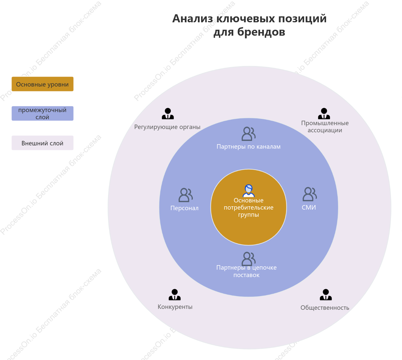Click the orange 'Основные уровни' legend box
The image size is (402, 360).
coord(43,84)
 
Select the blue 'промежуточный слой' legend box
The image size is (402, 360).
coord(43,113)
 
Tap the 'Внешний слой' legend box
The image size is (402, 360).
coord(43,143)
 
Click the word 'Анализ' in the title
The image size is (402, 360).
coord(192,19)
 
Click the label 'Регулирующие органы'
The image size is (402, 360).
coord(167,127)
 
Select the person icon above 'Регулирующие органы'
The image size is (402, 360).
coord(168,114)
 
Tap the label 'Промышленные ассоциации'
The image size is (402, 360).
coord(325,126)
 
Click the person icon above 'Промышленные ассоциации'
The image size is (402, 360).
coord(324,114)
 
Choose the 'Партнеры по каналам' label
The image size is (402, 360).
coord(248,147)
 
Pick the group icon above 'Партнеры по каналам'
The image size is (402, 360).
coord(248,134)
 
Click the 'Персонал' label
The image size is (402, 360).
coord(184,208)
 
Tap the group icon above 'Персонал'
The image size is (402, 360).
coord(185,195)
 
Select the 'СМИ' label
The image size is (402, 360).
coord(309,207)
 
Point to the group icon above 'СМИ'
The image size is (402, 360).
coord(309,194)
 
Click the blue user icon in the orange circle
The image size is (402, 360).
coord(248,191)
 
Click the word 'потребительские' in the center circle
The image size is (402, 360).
coord(248,207)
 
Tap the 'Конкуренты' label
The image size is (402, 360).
coord(175,307)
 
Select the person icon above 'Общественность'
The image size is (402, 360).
coord(326,295)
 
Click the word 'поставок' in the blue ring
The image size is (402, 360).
coord(246,275)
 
